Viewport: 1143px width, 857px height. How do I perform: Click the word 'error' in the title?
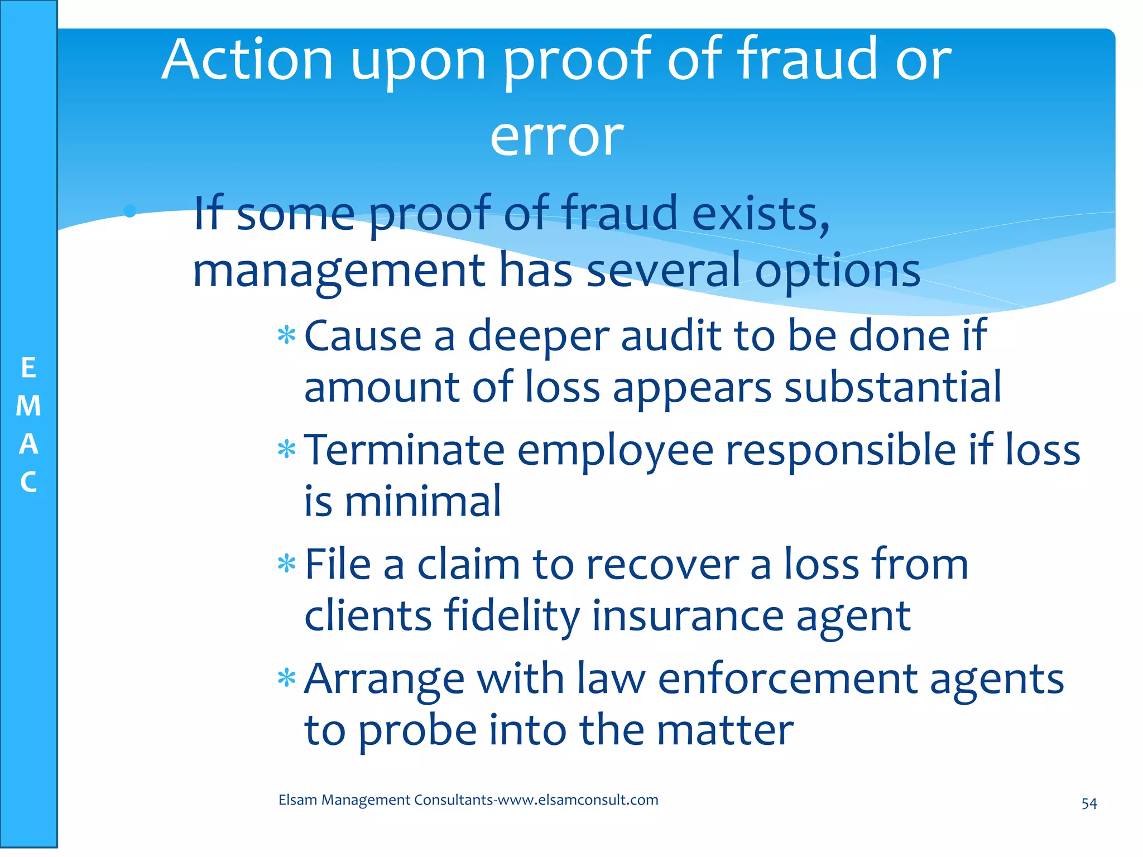pyautogui.click(x=556, y=137)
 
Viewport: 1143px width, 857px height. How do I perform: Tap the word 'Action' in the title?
pyautogui.click(x=247, y=60)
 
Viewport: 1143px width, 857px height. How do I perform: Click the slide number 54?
pyautogui.click(x=1089, y=804)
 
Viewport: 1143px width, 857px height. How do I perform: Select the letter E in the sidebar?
pyautogui.click(x=28, y=369)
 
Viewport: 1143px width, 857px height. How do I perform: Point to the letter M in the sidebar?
pyautogui.click(x=28, y=406)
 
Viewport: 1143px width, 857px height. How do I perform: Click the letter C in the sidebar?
pyautogui.click(x=28, y=483)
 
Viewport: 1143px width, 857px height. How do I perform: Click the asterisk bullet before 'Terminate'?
pyautogui.click(x=286, y=449)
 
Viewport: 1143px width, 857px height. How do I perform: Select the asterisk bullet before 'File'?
pyautogui.click(x=286, y=564)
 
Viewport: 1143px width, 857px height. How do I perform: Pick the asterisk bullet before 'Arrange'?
pyautogui.click(x=286, y=678)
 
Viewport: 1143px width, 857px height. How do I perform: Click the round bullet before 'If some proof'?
pyautogui.click(x=130, y=211)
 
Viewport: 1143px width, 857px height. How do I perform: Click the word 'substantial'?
pyautogui.click(x=892, y=387)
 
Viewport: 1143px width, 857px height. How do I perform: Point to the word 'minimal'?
pyautogui.click(x=422, y=502)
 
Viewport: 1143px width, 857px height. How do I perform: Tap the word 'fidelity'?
pyautogui.click(x=512, y=617)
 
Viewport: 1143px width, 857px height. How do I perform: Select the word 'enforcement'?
pyautogui.click(x=787, y=679)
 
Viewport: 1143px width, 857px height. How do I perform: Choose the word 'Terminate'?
pyautogui.click(x=404, y=450)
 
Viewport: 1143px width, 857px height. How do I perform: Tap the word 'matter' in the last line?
pyautogui.click(x=724, y=730)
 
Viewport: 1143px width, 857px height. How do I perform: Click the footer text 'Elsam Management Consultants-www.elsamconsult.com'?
pyautogui.click(x=468, y=800)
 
